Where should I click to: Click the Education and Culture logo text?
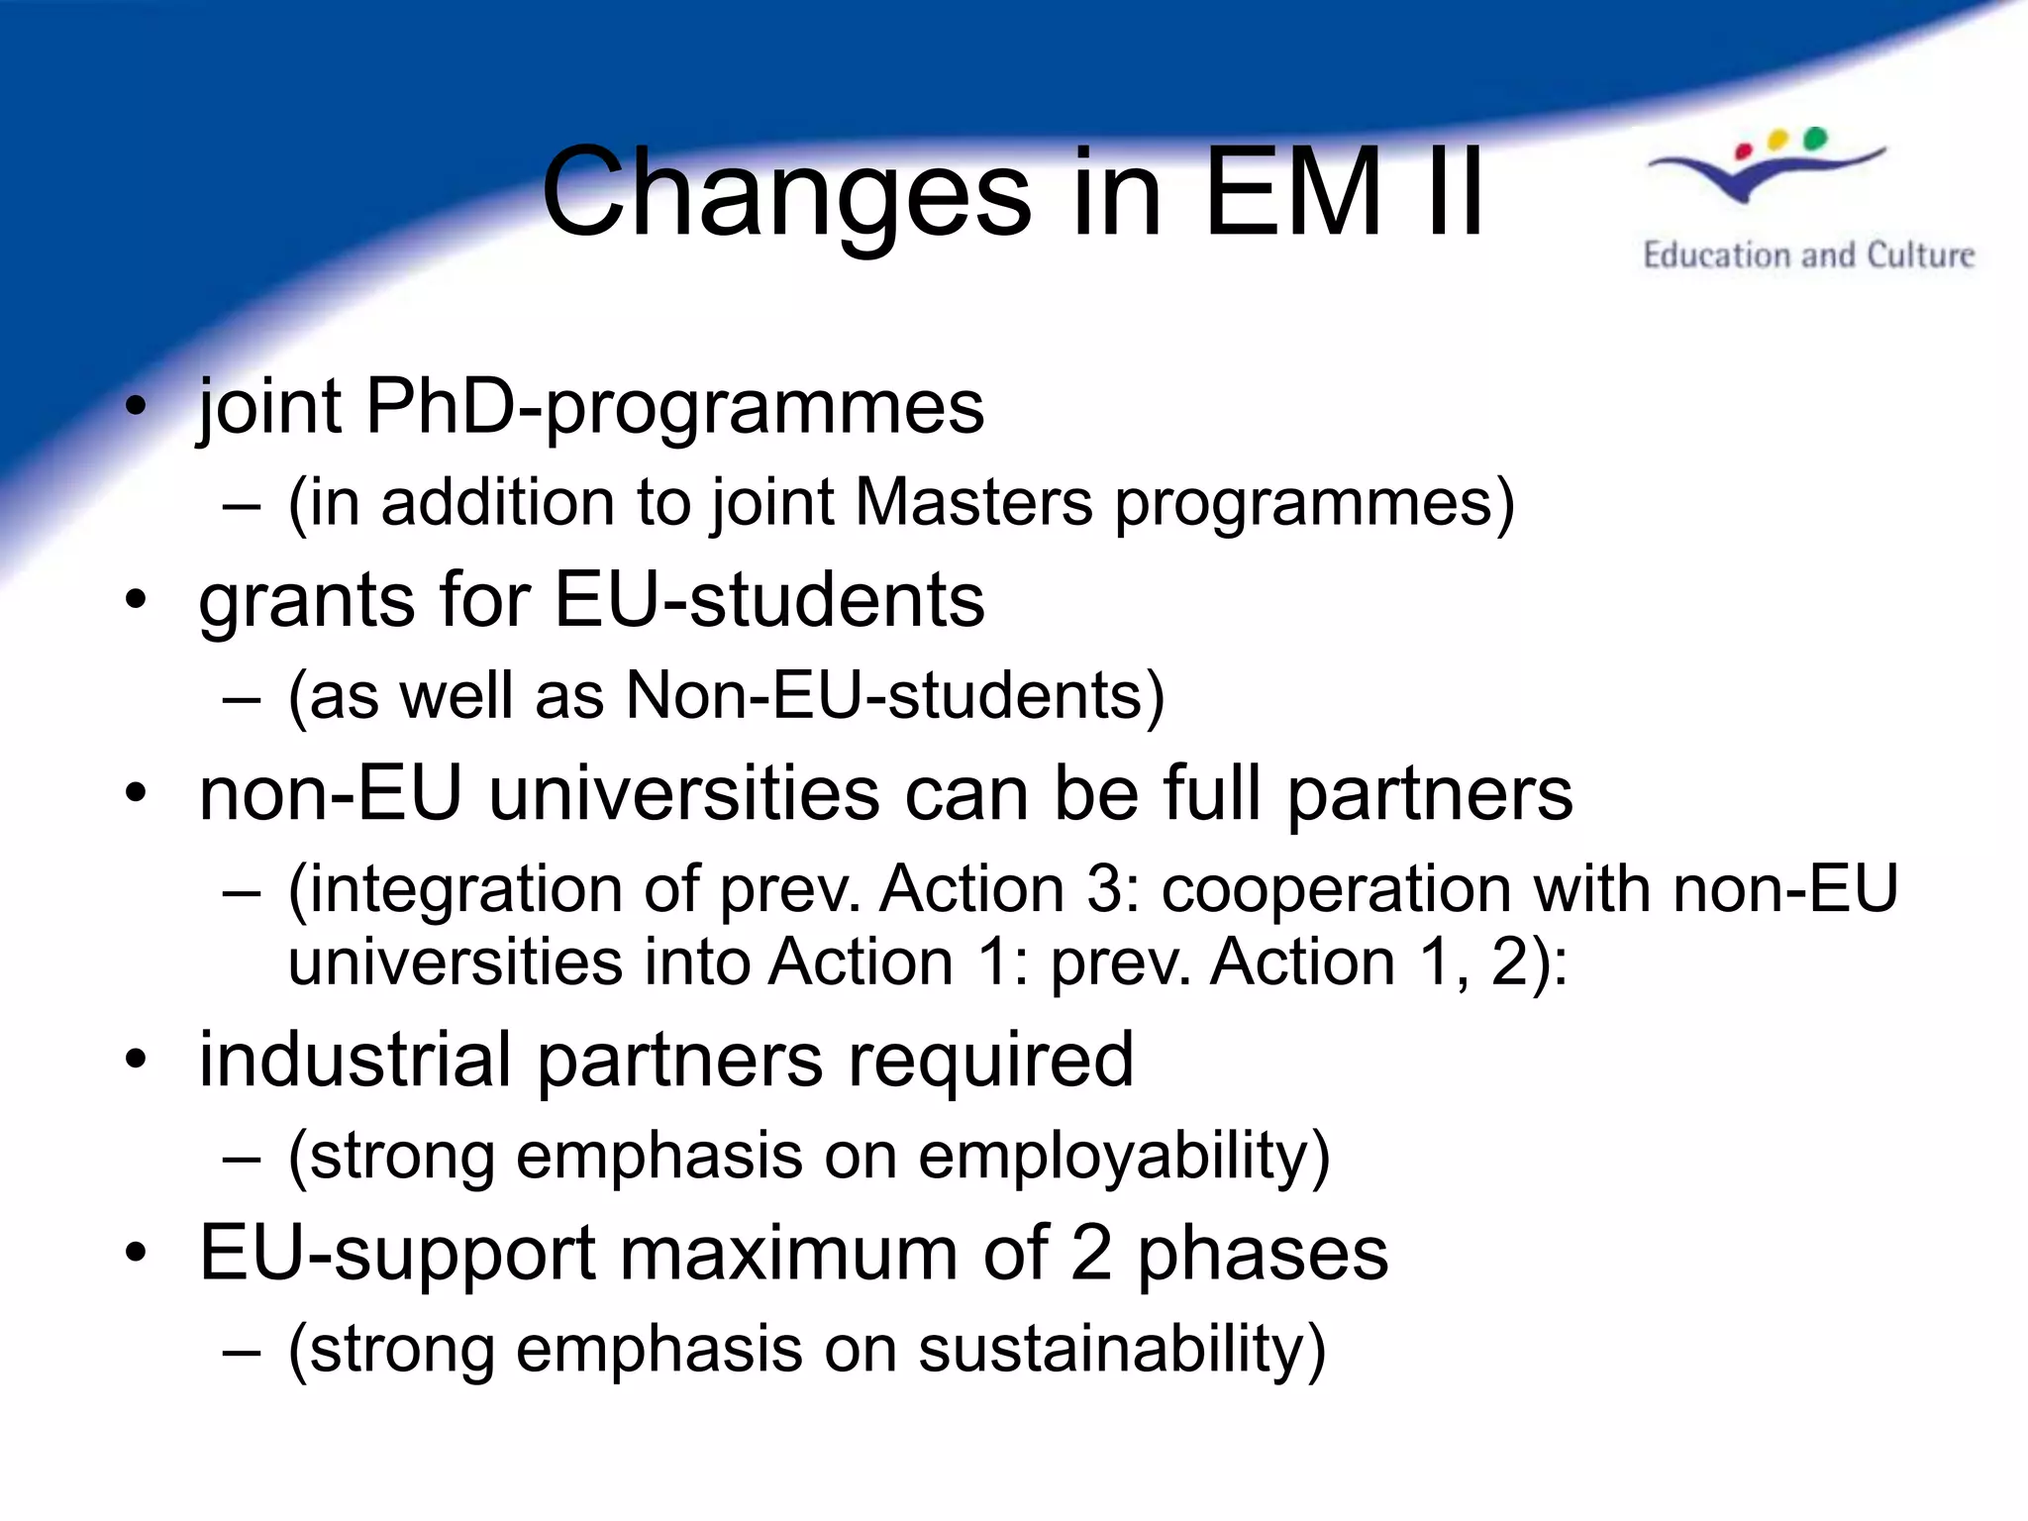pos(1808,255)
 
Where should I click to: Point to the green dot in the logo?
pos(1814,138)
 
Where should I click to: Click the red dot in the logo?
pos(1745,152)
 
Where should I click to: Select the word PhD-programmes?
pos(674,408)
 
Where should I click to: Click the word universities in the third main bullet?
pos(683,794)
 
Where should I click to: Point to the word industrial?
pos(355,1060)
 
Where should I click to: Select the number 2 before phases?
pos(1090,1254)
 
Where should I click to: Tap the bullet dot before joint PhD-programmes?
pos(136,406)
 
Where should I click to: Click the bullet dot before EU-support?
pos(136,1253)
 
